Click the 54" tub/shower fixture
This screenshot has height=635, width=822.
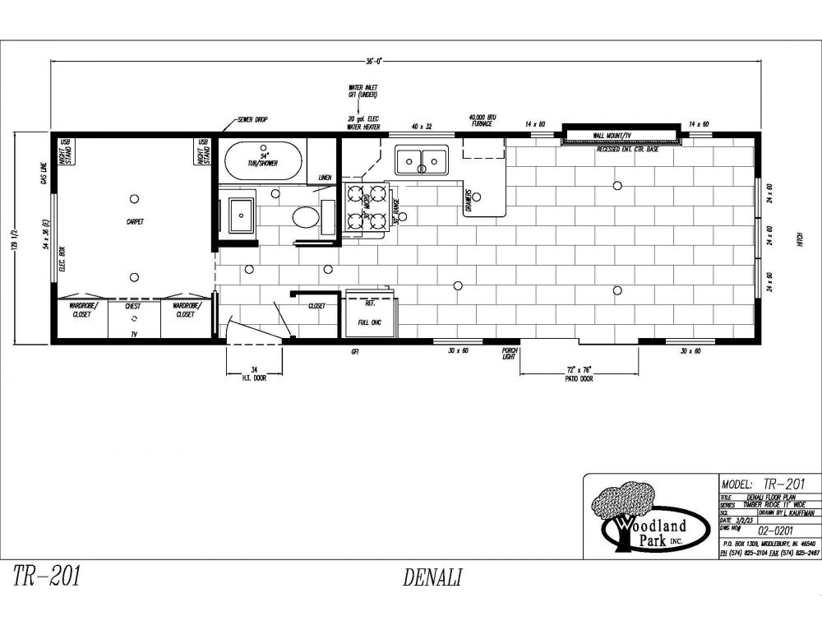(x=263, y=160)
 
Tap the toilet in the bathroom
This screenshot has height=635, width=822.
(x=306, y=217)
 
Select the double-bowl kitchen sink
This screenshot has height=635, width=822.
(x=422, y=160)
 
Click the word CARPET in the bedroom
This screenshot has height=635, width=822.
(x=135, y=221)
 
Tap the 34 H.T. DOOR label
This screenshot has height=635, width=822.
(x=253, y=374)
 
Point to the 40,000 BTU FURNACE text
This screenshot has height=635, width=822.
(x=481, y=120)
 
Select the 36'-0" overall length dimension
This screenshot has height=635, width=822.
(x=375, y=60)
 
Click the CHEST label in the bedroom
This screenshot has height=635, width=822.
(x=133, y=306)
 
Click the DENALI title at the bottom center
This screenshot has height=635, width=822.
(x=432, y=577)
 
